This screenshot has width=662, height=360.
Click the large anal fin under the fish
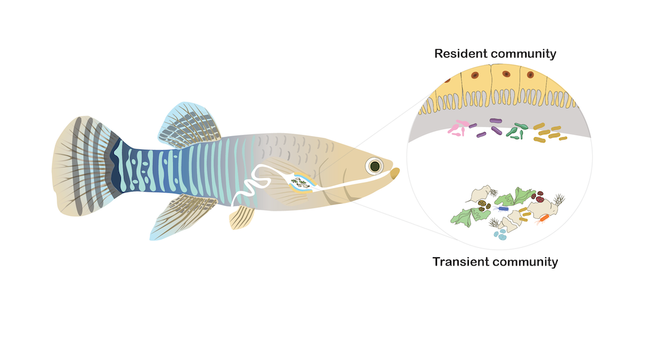coord(175,216)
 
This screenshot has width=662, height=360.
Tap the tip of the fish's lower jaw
coord(395,173)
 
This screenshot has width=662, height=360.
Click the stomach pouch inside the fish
coord(300,182)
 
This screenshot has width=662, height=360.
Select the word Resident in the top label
coord(460,54)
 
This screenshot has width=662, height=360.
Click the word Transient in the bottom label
coord(460,262)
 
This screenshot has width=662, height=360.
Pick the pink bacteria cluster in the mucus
coord(460,128)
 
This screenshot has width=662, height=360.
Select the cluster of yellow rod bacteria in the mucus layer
coord(549,134)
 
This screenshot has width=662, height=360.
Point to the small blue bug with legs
coord(502,209)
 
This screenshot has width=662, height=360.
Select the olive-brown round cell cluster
coord(484,206)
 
